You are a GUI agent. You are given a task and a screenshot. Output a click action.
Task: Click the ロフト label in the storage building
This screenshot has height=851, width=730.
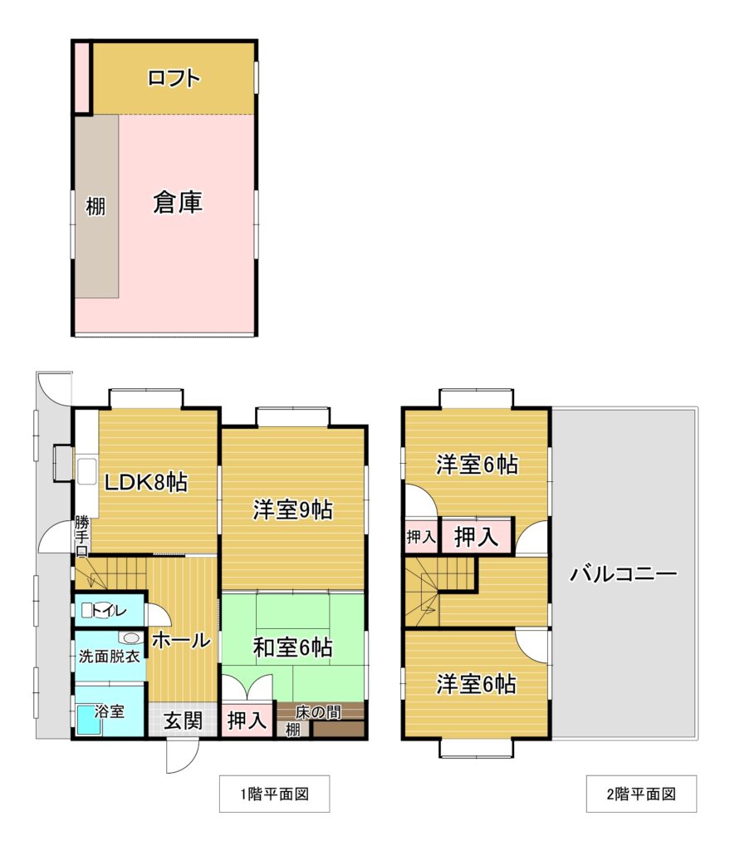point(174,78)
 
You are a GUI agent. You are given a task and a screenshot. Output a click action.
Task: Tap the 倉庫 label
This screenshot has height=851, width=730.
point(178,203)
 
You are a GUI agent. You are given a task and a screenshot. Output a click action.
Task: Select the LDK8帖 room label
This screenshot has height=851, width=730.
point(146,482)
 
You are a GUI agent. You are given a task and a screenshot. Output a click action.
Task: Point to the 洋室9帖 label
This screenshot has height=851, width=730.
point(293,509)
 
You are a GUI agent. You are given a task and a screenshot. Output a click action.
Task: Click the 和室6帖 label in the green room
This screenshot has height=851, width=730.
point(293,647)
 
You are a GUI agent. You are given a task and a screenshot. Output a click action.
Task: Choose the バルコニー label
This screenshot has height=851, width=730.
point(623,573)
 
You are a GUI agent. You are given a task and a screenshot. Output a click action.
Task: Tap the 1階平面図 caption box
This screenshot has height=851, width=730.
point(274,794)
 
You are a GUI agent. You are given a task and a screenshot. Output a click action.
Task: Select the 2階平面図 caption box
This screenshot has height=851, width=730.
point(641,794)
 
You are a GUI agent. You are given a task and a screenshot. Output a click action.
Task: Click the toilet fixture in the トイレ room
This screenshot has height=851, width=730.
point(87,611)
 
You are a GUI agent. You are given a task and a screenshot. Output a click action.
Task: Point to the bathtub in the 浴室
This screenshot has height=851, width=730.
point(88,720)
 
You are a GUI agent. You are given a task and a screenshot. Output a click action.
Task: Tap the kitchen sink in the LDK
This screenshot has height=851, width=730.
point(86,472)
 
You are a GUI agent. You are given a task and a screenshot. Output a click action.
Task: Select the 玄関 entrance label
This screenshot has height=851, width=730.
point(184,721)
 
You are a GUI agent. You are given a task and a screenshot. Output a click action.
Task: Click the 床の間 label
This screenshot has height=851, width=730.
point(318,712)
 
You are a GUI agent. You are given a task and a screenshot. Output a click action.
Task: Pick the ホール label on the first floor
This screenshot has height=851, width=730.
point(181,641)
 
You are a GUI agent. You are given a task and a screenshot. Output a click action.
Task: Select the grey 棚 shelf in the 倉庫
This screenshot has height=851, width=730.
point(96,206)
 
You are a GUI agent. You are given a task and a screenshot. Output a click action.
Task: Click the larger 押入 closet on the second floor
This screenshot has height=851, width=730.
point(476,536)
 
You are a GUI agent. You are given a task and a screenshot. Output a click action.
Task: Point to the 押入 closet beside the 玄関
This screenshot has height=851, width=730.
point(247,721)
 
